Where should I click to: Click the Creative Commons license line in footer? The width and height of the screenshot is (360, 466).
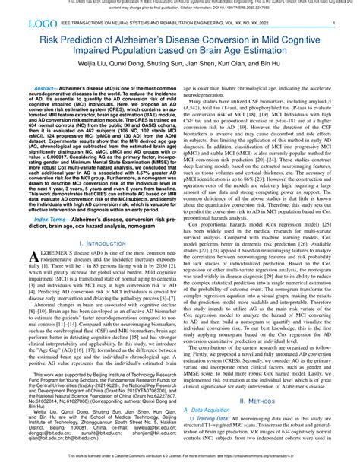(179, 461)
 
